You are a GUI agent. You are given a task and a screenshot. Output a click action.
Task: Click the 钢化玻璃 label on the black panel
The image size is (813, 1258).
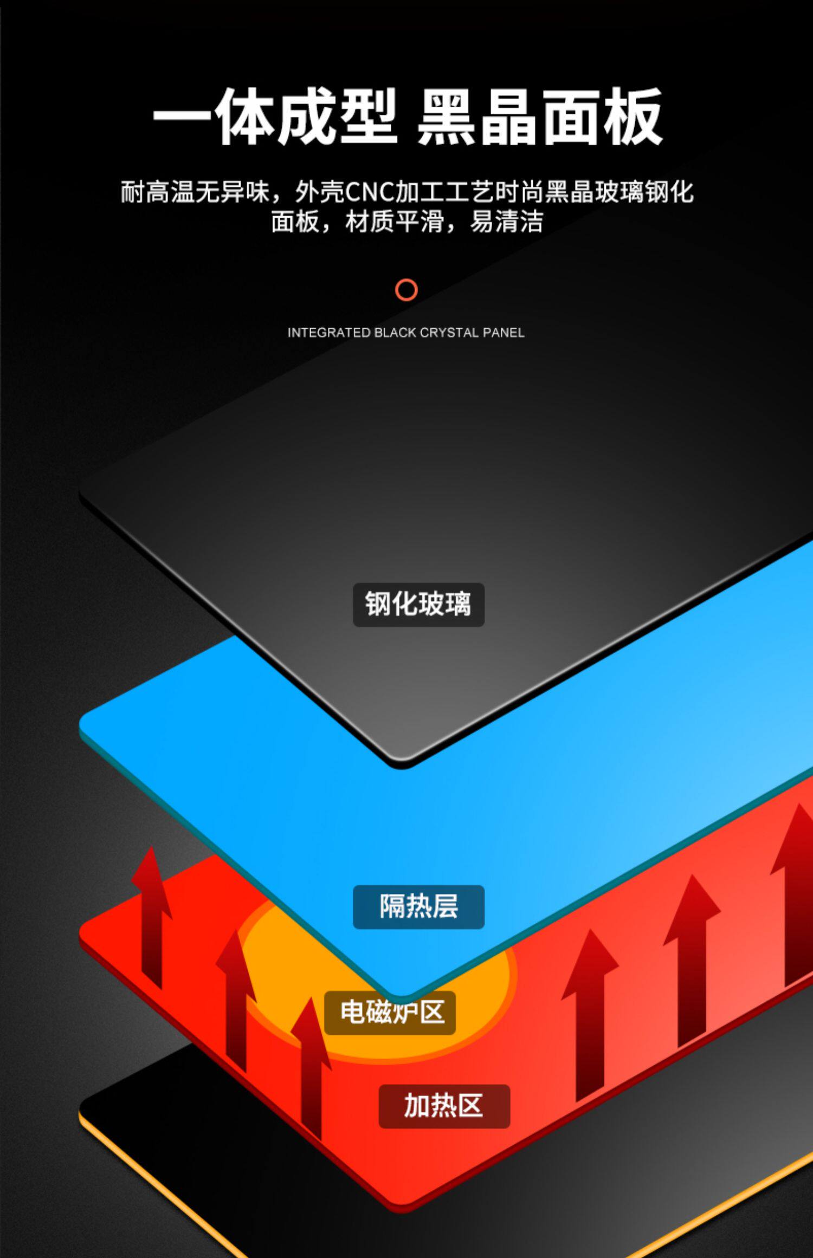coord(418,605)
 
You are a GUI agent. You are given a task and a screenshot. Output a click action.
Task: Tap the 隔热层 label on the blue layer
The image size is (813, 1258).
coord(418,906)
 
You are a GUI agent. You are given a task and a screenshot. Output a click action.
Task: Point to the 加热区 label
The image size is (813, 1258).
coord(444,1106)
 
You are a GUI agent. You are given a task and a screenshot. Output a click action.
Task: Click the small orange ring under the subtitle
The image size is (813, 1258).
coord(406,290)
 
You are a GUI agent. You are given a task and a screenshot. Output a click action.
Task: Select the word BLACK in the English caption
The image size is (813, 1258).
coord(396,333)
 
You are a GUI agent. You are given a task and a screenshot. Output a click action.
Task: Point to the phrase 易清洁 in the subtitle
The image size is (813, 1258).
coord(506,222)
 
